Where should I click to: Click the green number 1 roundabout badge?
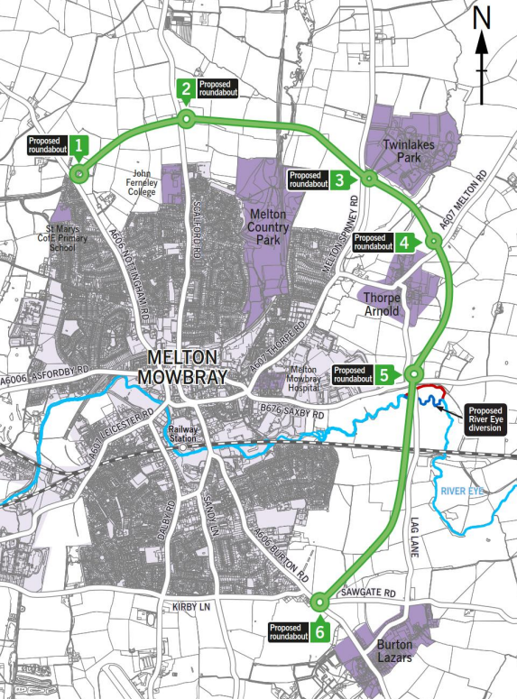[79, 144]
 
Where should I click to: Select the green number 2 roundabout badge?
[185, 88]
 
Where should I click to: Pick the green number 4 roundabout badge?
[404, 242]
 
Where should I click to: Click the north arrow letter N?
[483, 17]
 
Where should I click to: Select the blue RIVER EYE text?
[465, 491]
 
